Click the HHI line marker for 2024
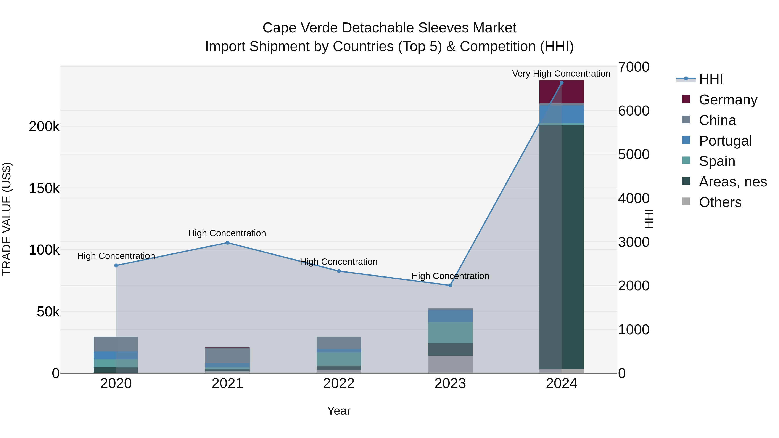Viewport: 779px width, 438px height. (x=562, y=83)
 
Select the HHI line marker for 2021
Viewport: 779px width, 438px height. (x=227, y=243)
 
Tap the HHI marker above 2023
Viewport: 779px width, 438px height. (x=450, y=285)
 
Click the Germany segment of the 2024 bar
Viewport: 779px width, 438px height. (x=562, y=92)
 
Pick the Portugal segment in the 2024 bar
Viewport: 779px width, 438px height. (x=562, y=114)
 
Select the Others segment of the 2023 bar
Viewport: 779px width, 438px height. (x=450, y=364)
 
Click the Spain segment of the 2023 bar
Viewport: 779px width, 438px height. (x=450, y=332)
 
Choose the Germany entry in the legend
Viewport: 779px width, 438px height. (x=728, y=100)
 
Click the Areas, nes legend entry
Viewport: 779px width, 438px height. (x=732, y=182)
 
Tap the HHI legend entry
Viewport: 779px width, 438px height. (x=711, y=79)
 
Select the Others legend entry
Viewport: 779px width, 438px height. (x=720, y=202)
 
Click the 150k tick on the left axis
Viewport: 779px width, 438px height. (x=44, y=188)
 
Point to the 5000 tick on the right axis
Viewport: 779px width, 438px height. (x=634, y=154)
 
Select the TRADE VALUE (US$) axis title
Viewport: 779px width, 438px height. (x=7, y=219)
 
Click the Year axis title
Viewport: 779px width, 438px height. (x=339, y=411)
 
